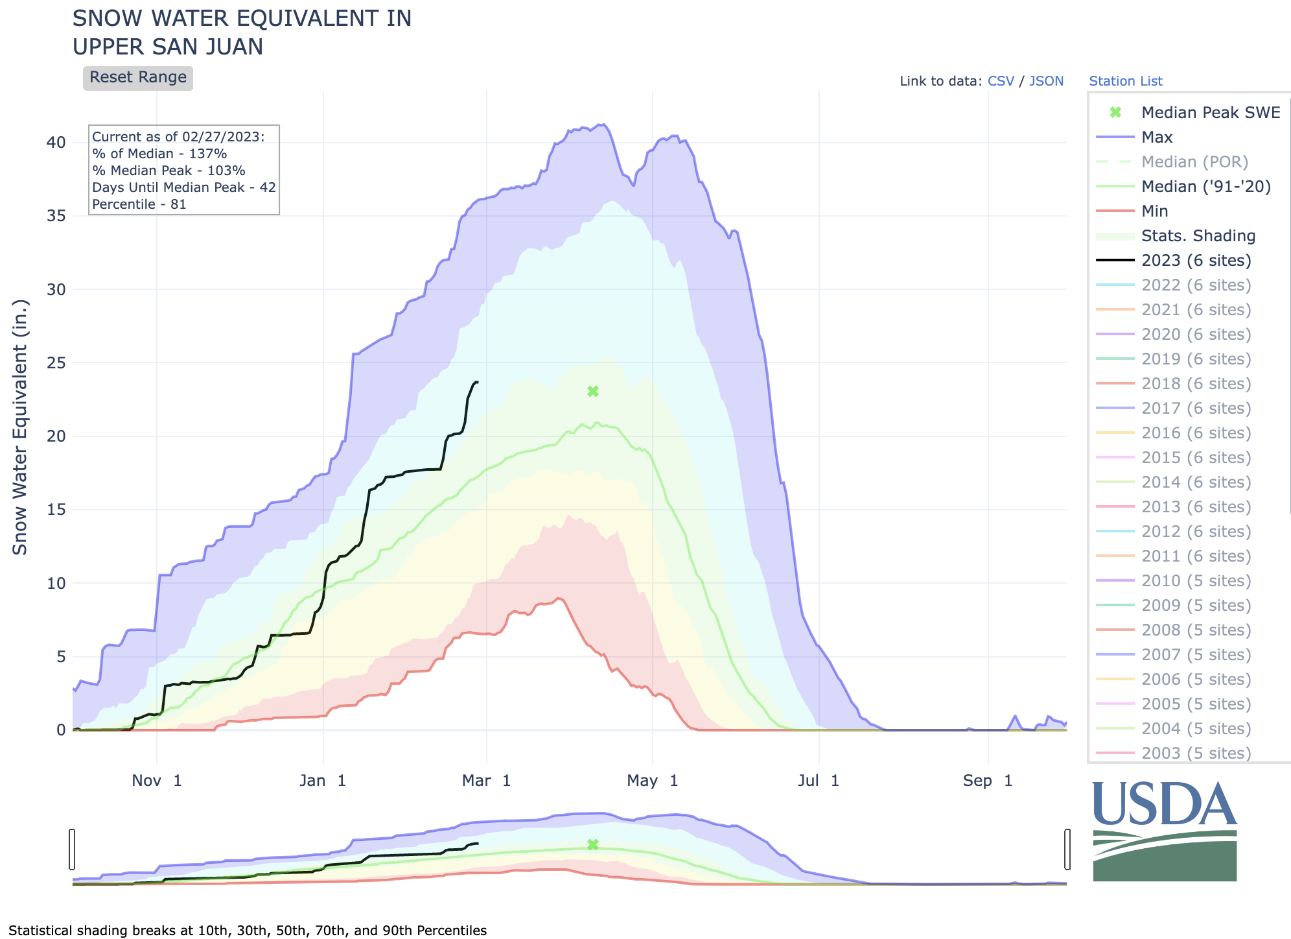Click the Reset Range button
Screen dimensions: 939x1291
pyautogui.click(x=137, y=78)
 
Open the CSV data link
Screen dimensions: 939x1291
pyautogui.click(x=1001, y=81)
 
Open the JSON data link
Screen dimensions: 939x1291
pyautogui.click(x=1046, y=81)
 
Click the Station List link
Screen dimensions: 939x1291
pyautogui.click(x=1125, y=81)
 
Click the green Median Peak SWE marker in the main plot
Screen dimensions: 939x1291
pyautogui.click(x=592, y=391)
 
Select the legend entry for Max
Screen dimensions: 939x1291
pyautogui.click(x=1157, y=137)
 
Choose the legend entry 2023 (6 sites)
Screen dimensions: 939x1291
pyautogui.click(x=1196, y=261)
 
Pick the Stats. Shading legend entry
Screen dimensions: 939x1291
pyautogui.click(x=1198, y=236)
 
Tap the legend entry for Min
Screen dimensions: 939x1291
pyautogui.click(x=1154, y=211)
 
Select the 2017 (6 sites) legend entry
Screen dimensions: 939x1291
pyautogui.click(x=1196, y=409)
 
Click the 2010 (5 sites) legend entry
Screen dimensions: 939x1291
pyautogui.click(x=1196, y=581)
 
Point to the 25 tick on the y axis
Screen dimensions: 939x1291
pyautogui.click(x=56, y=363)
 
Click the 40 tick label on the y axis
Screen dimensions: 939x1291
pyautogui.click(x=56, y=143)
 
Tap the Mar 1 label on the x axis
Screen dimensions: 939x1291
pyautogui.click(x=486, y=781)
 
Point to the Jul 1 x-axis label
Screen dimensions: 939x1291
pyautogui.click(x=819, y=781)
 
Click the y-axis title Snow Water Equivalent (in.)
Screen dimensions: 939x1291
pyautogui.click(x=21, y=427)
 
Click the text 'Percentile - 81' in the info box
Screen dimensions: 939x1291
pyautogui.click(x=139, y=204)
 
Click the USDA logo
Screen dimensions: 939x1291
pyautogui.click(x=1165, y=831)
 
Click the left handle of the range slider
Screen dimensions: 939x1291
pyautogui.click(x=72, y=849)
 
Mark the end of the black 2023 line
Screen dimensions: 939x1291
pyautogui.click(x=478, y=382)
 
